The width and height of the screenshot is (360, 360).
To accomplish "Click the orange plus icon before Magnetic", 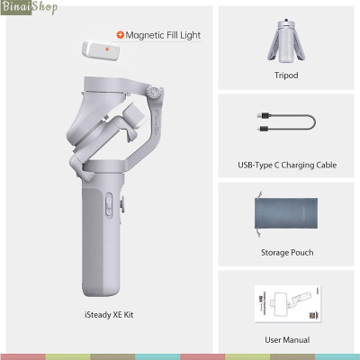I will coord(120,35).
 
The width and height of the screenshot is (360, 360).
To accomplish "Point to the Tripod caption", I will coord(286,76).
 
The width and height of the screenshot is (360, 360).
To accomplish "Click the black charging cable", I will coord(286,124).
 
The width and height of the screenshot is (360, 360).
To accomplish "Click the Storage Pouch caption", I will coord(286,253).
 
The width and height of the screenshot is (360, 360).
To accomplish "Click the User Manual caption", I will coord(286,339).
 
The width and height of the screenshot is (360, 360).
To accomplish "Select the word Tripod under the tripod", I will coord(286,76).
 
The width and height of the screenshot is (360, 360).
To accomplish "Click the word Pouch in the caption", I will coord(301,253).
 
